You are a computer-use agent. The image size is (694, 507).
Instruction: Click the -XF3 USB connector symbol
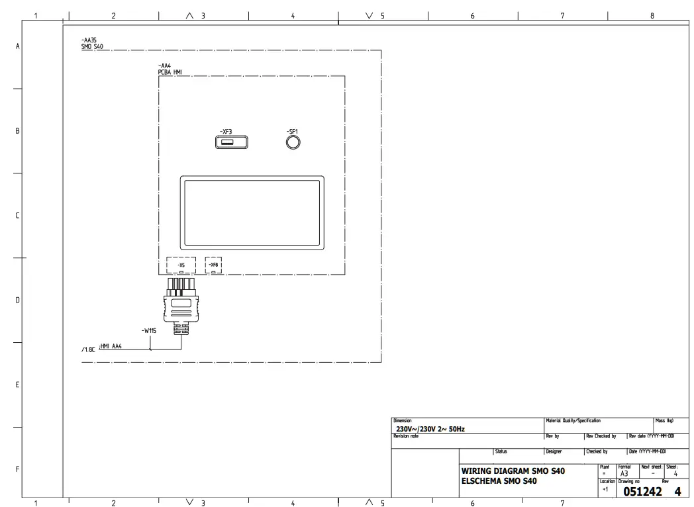coord(231,142)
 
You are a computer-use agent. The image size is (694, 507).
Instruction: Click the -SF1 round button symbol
coord(293,142)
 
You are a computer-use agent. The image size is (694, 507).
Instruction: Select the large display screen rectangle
coord(252,212)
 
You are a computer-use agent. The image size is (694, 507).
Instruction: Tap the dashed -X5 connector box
coord(181,265)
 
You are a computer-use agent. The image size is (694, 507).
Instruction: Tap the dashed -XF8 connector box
coord(213,265)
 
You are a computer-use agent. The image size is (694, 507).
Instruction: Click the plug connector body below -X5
coord(181,305)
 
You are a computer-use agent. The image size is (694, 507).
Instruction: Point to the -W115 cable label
coord(149,330)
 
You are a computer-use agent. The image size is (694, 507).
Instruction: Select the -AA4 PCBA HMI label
coord(170,69)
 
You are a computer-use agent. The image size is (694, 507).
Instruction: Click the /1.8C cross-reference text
coord(88,349)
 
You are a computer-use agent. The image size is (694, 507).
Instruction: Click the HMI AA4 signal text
coord(110,346)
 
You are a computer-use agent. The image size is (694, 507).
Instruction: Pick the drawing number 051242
coord(642,492)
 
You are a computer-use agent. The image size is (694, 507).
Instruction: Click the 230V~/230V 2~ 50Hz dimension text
coord(430,429)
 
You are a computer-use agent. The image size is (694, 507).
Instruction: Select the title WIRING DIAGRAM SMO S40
coord(513,471)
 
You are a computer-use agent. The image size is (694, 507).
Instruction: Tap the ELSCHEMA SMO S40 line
coord(499,481)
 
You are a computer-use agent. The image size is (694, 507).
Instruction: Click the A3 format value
coord(624,473)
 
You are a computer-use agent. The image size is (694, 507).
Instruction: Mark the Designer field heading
coord(554,451)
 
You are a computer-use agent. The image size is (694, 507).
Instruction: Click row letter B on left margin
coord(17,131)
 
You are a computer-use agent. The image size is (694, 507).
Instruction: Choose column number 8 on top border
coord(652,16)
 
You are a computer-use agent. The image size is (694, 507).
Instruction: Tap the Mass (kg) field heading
coord(664,421)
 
